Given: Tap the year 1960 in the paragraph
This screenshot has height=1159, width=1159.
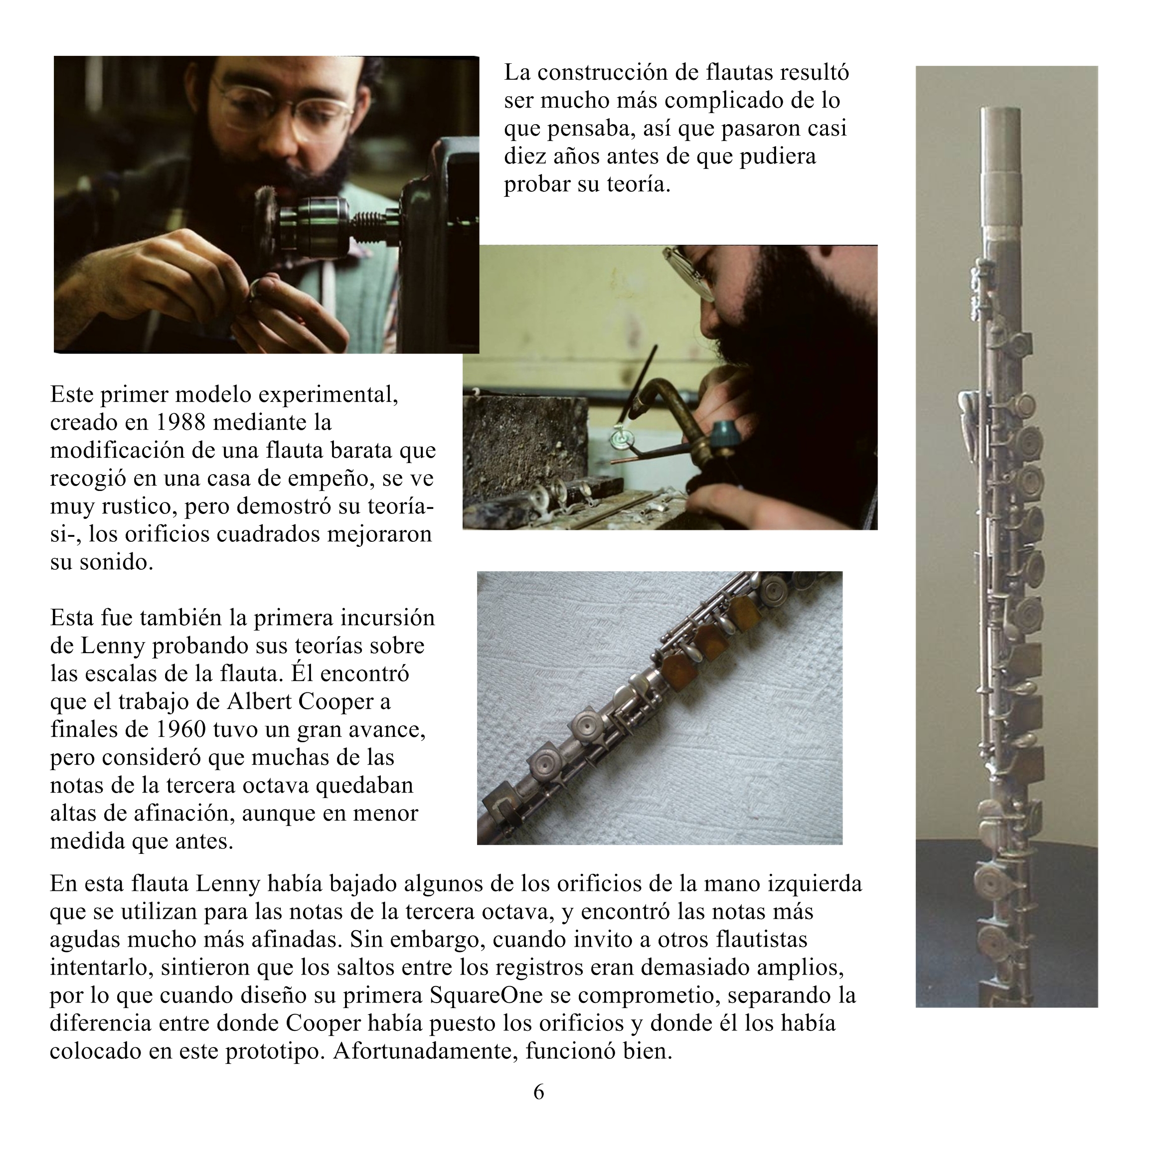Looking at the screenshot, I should pyautogui.click(x=181, y=729).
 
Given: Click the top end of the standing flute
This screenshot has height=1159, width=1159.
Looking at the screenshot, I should pyautogui.click(x=1000, y=112).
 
